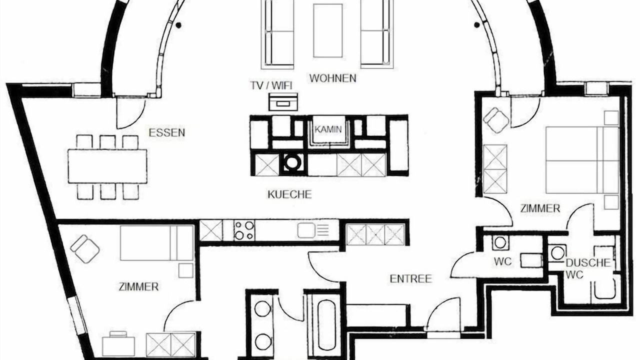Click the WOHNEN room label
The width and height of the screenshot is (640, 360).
tap(333, 78)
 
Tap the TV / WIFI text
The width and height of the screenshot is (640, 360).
tap(271, 85)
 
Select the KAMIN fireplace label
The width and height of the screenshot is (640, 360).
tap(328, 129)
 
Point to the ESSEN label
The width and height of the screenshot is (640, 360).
tap(167, 133)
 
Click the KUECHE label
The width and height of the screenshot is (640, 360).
tap(289, 194)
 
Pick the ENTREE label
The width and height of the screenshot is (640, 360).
tap(411, 279)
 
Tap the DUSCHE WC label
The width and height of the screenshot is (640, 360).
tap(587, 268)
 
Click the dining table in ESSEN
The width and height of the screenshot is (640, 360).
tap(107, 166)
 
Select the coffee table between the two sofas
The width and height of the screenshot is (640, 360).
tap(327, 30)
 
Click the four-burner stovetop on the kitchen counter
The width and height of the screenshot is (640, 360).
tap(244, 230)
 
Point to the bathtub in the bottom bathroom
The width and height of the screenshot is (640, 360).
tap(326, 325)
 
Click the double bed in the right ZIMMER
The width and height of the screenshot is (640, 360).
tap(582, 160)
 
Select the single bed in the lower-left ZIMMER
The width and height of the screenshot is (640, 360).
tap(157, 243)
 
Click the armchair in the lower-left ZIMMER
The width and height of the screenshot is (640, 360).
tap(85, 248)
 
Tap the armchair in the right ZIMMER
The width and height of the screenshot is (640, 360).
tap(495, 119)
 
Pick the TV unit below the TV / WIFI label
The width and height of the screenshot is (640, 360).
tap(283, 102)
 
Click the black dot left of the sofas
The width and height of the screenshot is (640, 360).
tap(178, 25)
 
